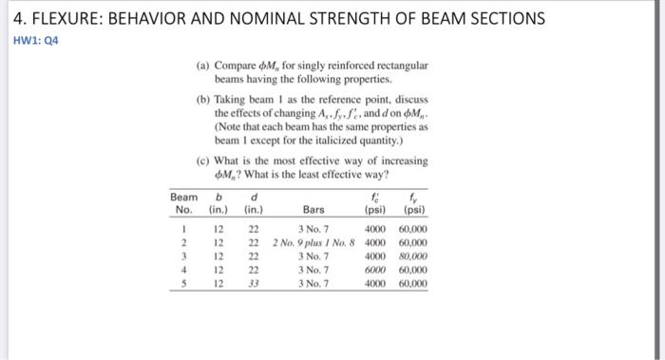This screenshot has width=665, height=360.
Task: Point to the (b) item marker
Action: coord(203,99)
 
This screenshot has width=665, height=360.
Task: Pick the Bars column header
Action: coord(313,210)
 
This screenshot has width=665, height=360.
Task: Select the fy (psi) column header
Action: coord(414,203)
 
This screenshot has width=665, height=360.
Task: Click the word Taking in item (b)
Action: coord(235,99)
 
